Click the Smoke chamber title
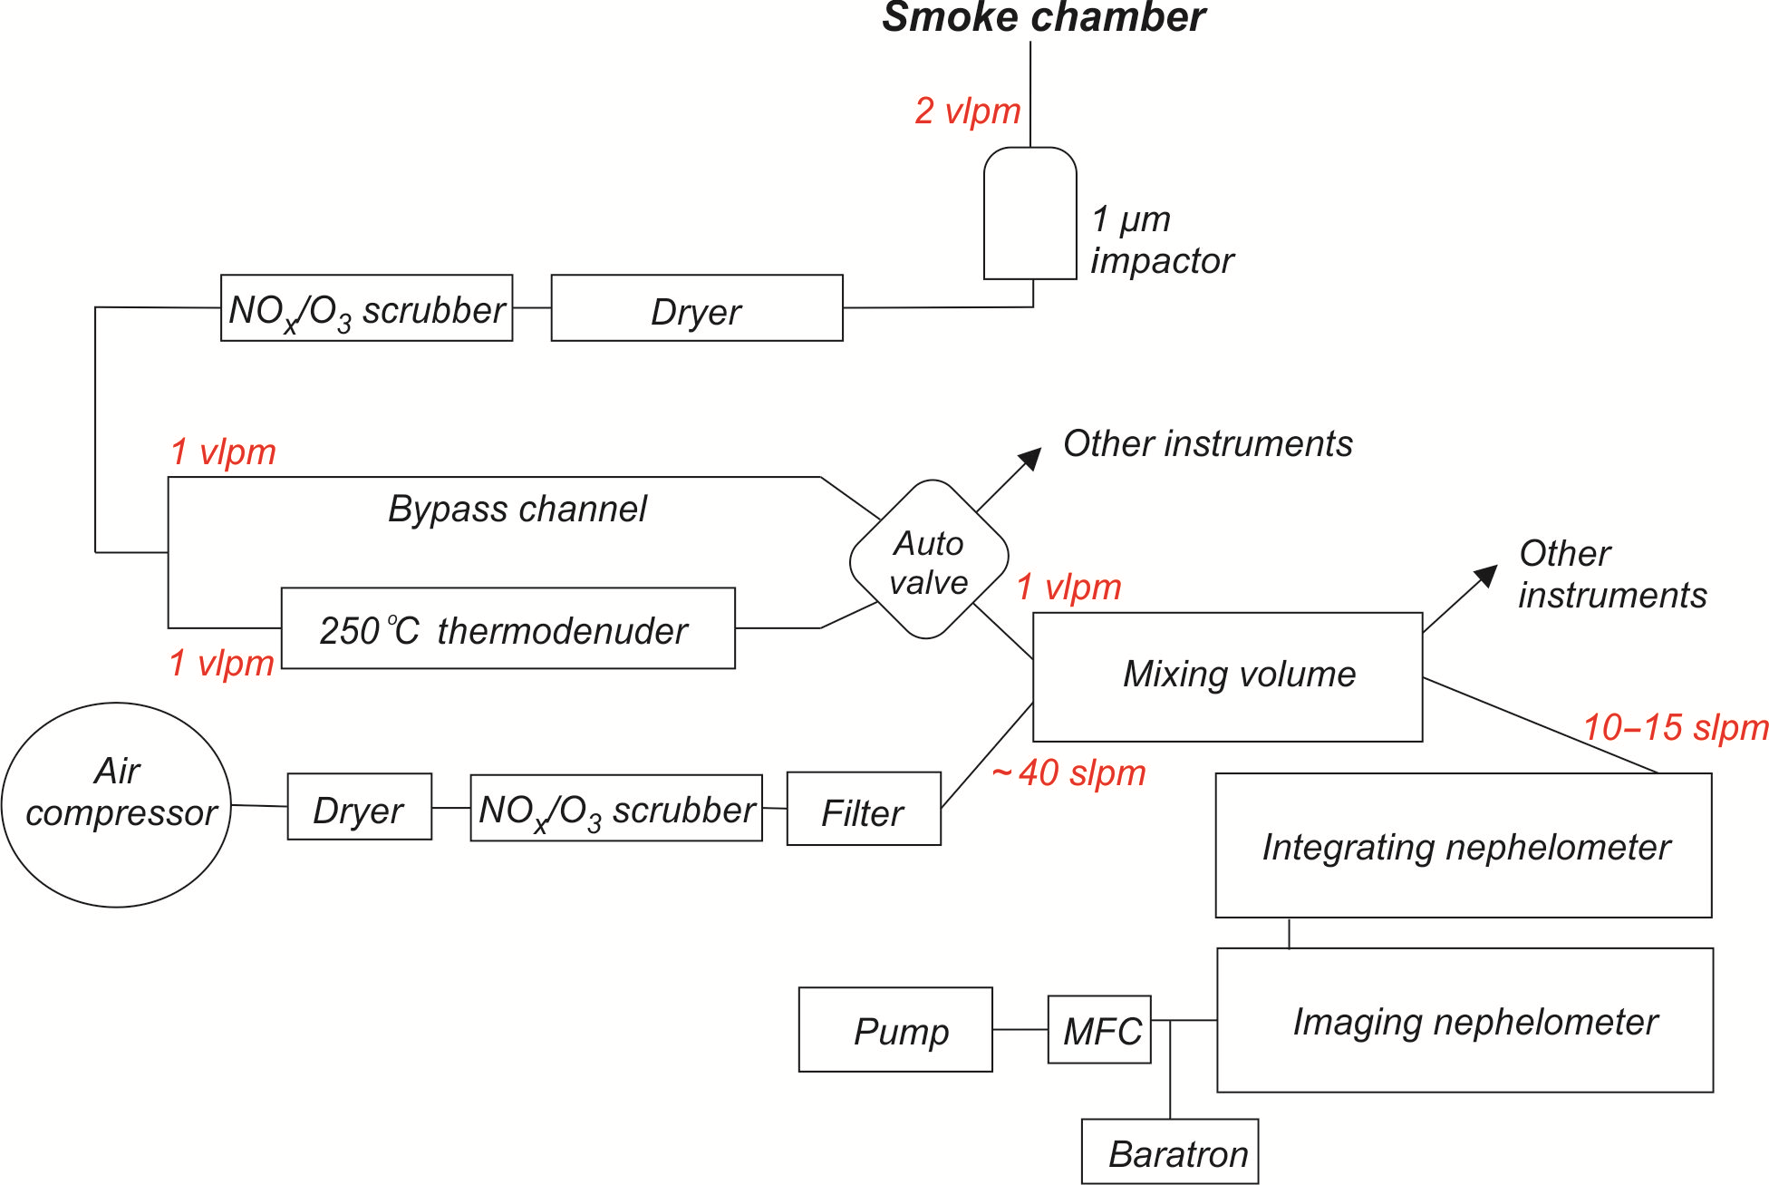[1043, 18]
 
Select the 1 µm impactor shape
[1030, 214]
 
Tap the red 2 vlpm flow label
[967, 112]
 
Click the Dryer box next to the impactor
[696, 309]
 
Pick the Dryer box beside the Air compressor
[359, 807]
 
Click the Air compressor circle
[117, 804]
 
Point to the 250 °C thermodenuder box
[507, 628]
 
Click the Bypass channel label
[517, 509]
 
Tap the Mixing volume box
[1228, 676]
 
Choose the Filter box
[863, 810]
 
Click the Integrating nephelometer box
[1464, 846]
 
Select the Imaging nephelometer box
[1465, 1021]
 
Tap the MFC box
[1099, 1030]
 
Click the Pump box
[895, 1030]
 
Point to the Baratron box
[1170, 1151]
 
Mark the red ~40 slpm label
[1069, 773]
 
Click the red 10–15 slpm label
[1675, 727]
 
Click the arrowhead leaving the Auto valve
[1030, 459]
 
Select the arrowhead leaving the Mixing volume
[1486, 575]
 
